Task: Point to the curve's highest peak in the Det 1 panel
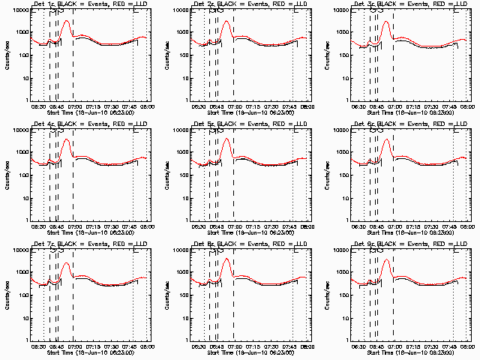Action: pos(66,21)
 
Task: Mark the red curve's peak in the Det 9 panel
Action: pos(386,260)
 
